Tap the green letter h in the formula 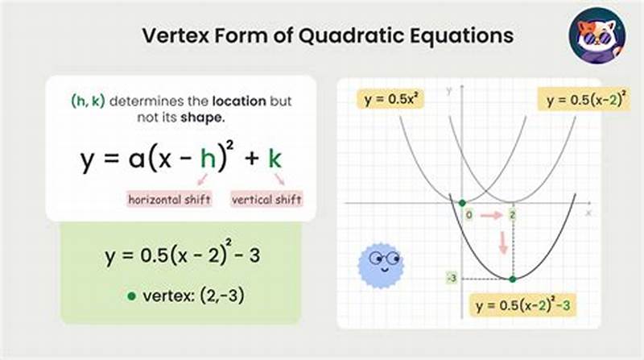tap(208, 159)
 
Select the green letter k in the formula tap(275, 159)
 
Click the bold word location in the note tap(237, 102)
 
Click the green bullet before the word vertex tap(131, 296)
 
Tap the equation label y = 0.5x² tap(390, 99)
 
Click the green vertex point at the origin tap(461, 203)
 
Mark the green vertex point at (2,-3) tap(513, 279)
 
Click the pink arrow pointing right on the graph tap(491, 216)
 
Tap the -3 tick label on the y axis tap(452, 279)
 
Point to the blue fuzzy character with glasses tap(380, 263)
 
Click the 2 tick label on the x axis tap(513, 216)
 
